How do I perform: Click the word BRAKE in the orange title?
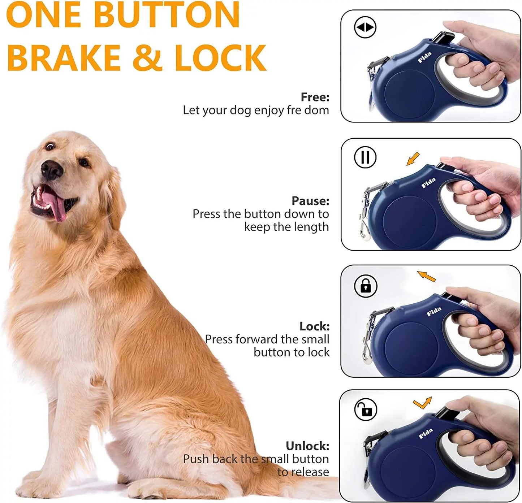point(64,58)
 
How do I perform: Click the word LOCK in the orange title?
point(220,58)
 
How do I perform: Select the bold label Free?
point(315,97)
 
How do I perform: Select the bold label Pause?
point(310,201)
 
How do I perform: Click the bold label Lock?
point(314,326)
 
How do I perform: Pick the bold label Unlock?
point(307,446)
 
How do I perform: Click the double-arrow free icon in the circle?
point(365,27)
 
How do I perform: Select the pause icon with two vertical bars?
point(365,157)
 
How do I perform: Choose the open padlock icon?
point(366,410)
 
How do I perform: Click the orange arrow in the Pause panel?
point(413,159)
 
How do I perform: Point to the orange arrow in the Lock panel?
point(426,276)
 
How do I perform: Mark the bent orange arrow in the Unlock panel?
point(422,403)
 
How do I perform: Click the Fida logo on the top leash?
point(425,57)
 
